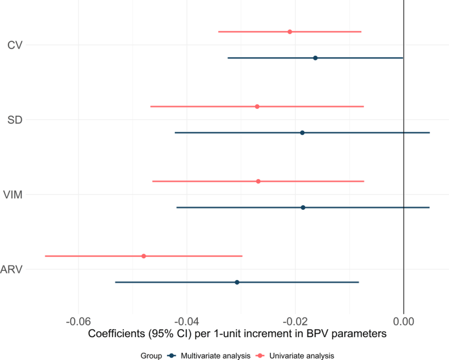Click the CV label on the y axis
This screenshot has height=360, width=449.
pyautogui.click(x=16, y=45)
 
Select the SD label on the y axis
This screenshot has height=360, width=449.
pyautogui.click(x=15, y=120)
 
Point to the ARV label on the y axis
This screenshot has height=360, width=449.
pyautogui.click(x=12, y=270)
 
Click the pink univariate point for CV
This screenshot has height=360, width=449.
pyautogui.click(x=290, y=31)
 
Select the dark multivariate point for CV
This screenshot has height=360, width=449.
pyautogui.click(x=315, y=58)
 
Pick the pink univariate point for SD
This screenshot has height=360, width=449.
pyautogui.click(x=257, y=106)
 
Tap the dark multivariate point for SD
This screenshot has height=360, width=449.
pyautogui.click(x=302, y=132)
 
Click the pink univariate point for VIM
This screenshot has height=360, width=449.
pyautogui.click(x=258, y=181)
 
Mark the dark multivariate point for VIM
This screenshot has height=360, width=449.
pyautogui.click(x=303, y=207)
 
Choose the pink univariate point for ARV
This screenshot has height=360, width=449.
pyautogui.click(x=144, y=256)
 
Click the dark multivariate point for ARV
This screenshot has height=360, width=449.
pyautogui.click(x=237, y=282)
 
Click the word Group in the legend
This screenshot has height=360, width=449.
pyautogui.click(x=149, y=355)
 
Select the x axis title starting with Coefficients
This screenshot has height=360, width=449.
pyautogui.click(x=237, y=333)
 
